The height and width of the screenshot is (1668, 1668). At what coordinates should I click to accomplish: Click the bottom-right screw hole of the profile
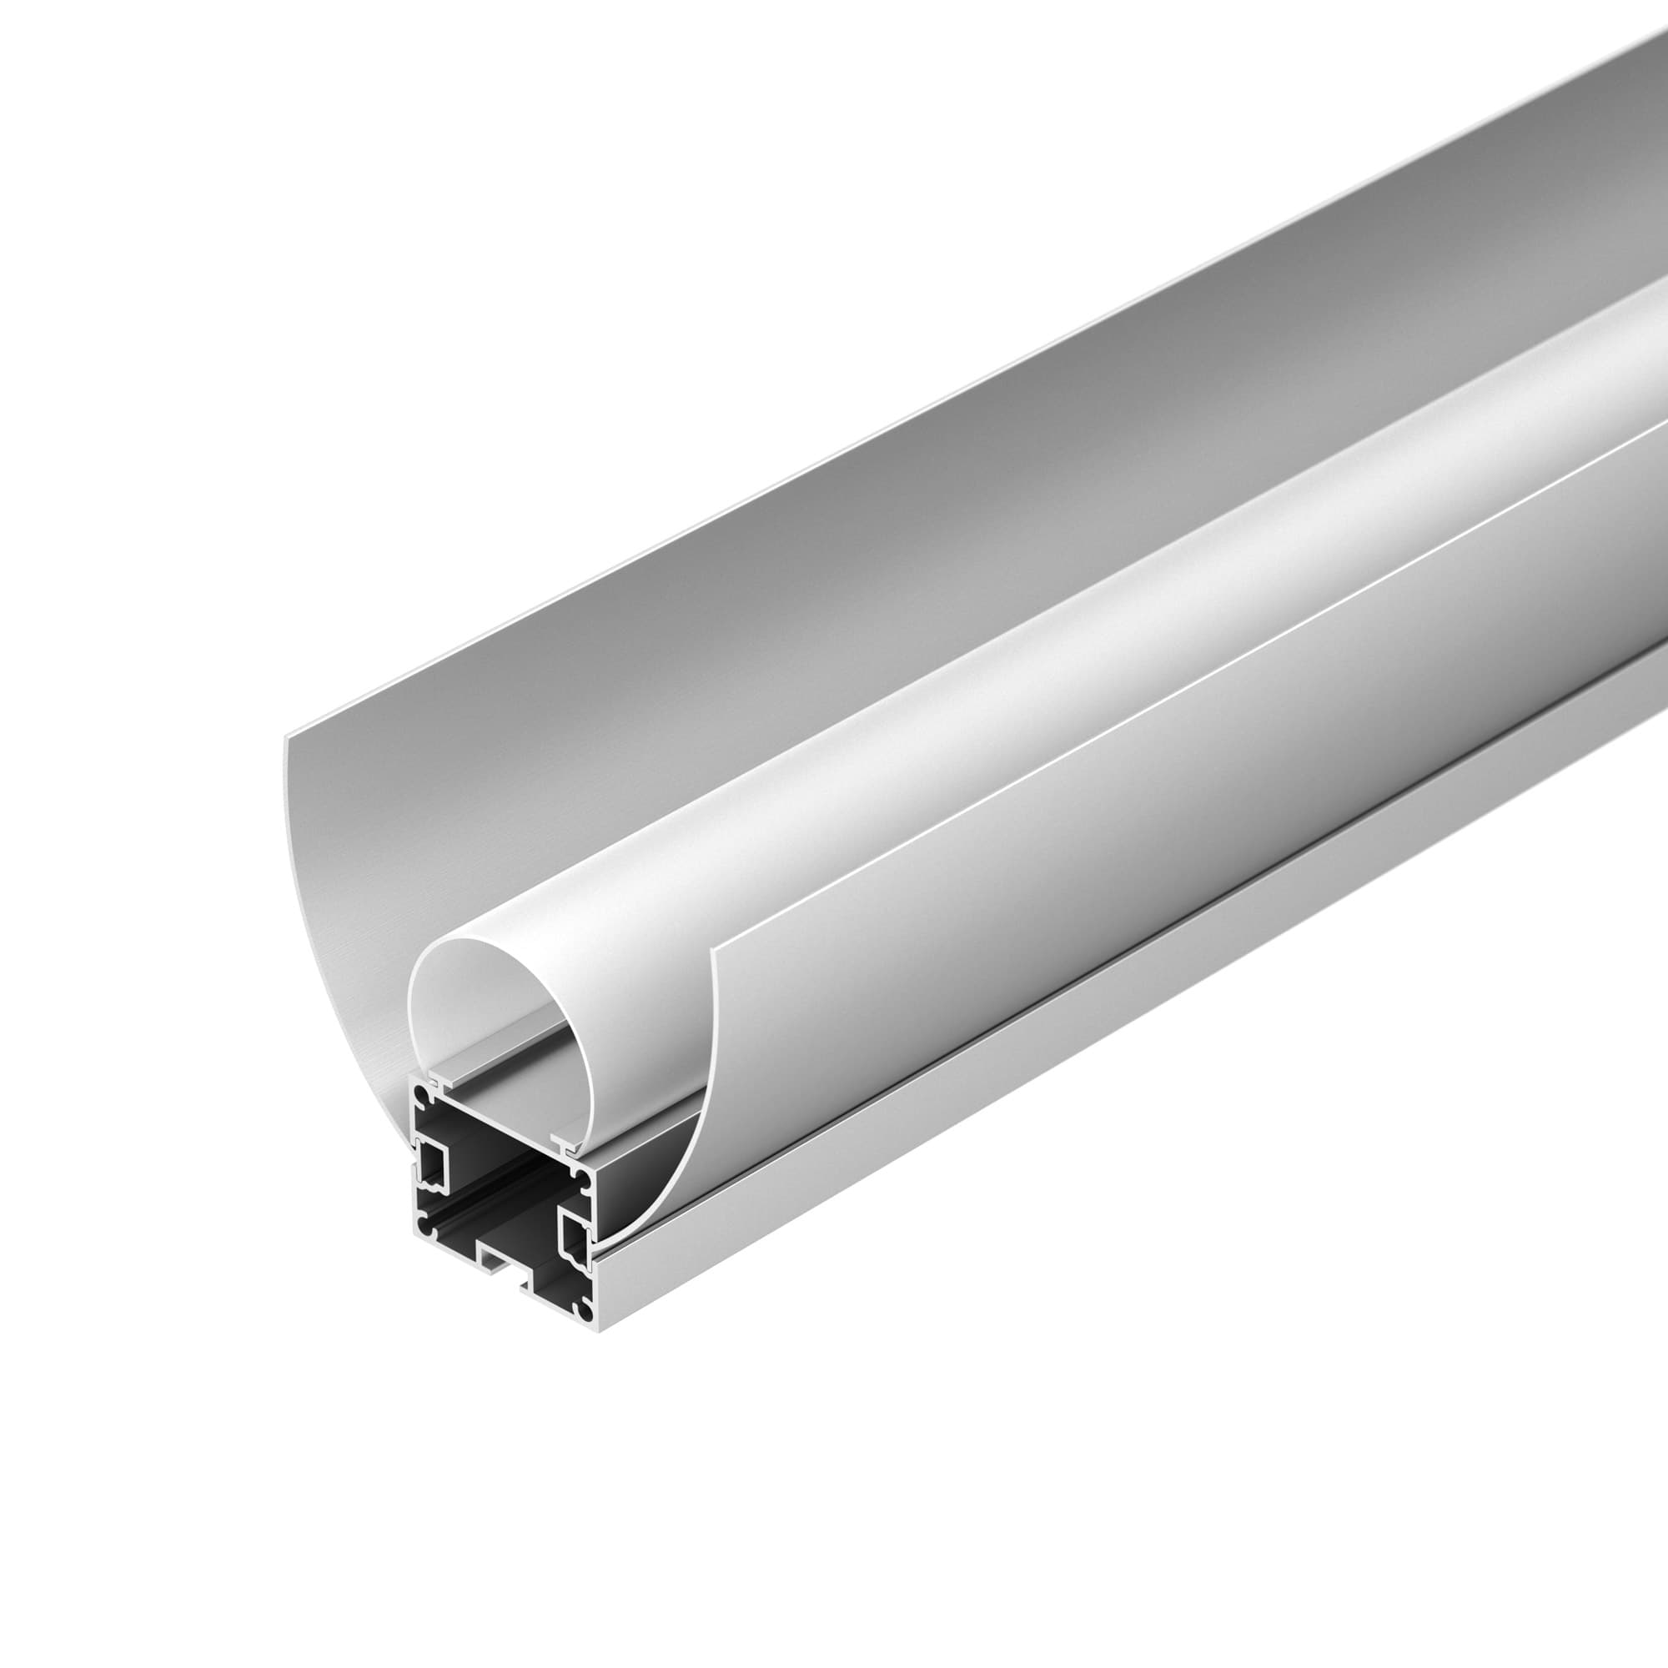[585, 1310]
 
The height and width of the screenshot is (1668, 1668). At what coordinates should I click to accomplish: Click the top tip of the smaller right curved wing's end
[713, 950]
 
